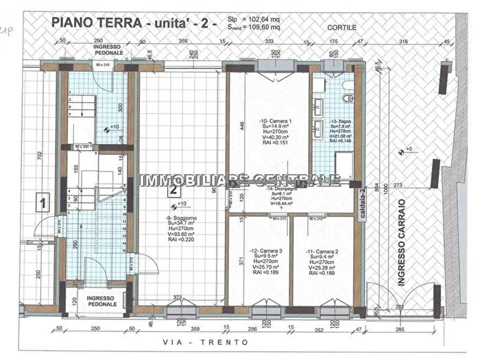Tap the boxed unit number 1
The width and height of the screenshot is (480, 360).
click(42, 203)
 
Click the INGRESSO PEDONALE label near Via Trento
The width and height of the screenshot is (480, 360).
click(95, 301)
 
